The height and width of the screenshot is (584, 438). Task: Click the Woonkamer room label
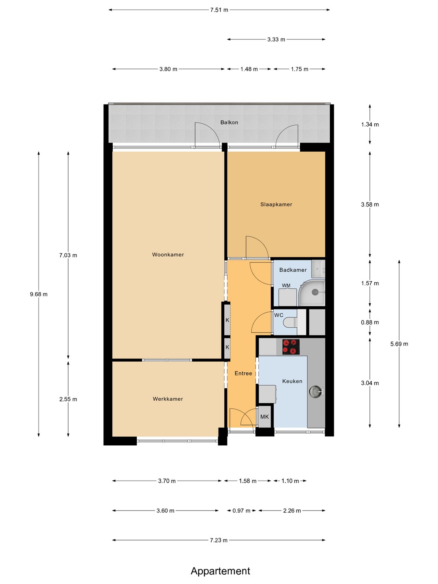click(168, 255)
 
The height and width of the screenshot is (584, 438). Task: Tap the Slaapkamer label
click(276, 204)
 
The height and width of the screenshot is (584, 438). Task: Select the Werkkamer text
click(167, 399)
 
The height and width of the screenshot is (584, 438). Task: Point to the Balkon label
click(229, 122)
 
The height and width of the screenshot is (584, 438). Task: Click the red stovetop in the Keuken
click(291, 347)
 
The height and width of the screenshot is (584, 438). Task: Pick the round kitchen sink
click(316, 391)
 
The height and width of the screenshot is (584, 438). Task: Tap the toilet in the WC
click(290, 323)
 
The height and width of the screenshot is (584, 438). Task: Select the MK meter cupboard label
click(264, 417)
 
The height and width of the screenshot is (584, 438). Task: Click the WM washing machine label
click(286, 286)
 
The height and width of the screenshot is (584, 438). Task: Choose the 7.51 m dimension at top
click(219, 10)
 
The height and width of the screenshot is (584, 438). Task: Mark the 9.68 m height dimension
click(39, 294)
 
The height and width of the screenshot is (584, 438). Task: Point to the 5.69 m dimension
click(399, 344)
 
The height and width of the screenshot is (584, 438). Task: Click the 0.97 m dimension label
click(241, 511)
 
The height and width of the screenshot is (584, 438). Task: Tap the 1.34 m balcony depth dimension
click(369, 124)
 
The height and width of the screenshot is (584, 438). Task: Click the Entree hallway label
click(243, 373)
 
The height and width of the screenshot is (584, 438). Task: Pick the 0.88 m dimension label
click(369, 322)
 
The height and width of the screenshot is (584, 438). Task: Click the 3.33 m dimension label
click(276, 39)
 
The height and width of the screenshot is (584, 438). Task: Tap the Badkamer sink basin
click(318, 269)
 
